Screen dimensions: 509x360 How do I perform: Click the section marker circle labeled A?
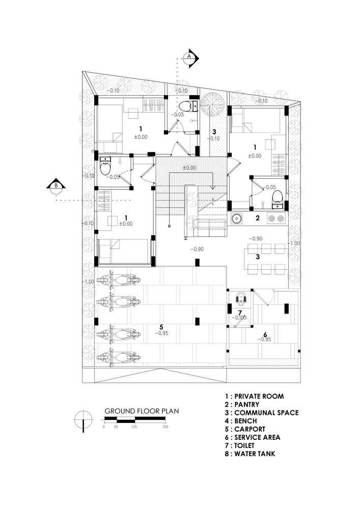(x=189, y=56)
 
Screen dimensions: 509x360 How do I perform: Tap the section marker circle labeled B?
(x=57, y=186)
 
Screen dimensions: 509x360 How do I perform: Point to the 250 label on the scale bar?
(x=165, y=427)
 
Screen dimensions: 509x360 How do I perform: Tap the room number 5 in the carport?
(x=161, y=326)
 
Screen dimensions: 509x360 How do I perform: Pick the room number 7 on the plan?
(x=240, y=312)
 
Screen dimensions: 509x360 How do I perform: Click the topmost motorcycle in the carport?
(x=118, y=280)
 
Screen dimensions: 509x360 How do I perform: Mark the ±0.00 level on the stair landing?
(x=189, y=167)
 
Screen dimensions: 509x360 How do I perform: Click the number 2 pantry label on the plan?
(x=258, y=218)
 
